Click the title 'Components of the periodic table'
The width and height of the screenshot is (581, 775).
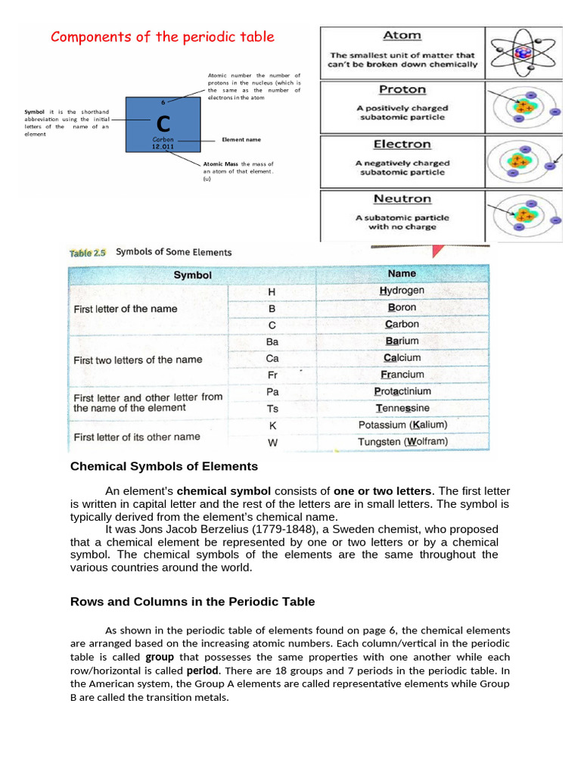(162, 37)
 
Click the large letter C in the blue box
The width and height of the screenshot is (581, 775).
(163, 123)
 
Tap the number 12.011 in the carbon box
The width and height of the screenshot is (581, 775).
(163, 147)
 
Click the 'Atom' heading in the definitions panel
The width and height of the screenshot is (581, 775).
(402, 36)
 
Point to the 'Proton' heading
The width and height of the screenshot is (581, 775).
(402, 89)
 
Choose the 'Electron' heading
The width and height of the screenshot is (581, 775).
(402, 144)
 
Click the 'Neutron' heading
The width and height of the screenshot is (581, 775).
(402, 199)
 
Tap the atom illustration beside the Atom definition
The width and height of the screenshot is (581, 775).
(523, 51)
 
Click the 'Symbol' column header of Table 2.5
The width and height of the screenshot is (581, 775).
(193, 275)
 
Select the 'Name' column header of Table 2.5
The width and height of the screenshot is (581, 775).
(402, 273)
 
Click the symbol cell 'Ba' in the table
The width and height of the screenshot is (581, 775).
(272, 341)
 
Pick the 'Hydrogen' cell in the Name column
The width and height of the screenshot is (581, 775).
(402, 291)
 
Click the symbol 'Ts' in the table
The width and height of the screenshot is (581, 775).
(272, 409)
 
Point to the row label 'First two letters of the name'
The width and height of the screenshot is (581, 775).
(138, 360)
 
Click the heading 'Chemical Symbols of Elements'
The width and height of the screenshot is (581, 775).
(164, 466)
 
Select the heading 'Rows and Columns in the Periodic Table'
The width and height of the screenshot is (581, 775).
(192, 602)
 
